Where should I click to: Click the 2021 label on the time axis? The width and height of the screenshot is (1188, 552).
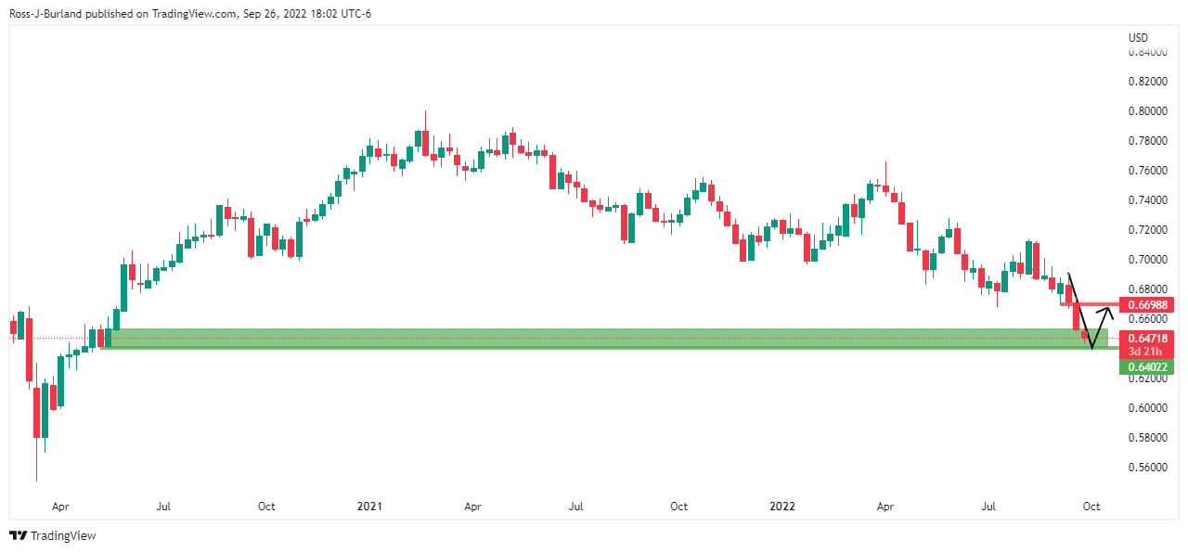pos(369,507)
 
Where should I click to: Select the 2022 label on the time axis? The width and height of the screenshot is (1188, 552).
pos(782,507)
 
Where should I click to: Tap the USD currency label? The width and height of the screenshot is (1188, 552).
pos(1138,37)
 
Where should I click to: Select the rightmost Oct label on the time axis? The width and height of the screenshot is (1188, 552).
pos(1091,507)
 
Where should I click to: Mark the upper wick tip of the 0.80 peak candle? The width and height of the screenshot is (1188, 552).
pos(425,111)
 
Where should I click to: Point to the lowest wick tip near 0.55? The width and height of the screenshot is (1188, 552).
pos(37,481)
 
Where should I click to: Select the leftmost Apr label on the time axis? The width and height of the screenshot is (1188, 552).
pos(60,507)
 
